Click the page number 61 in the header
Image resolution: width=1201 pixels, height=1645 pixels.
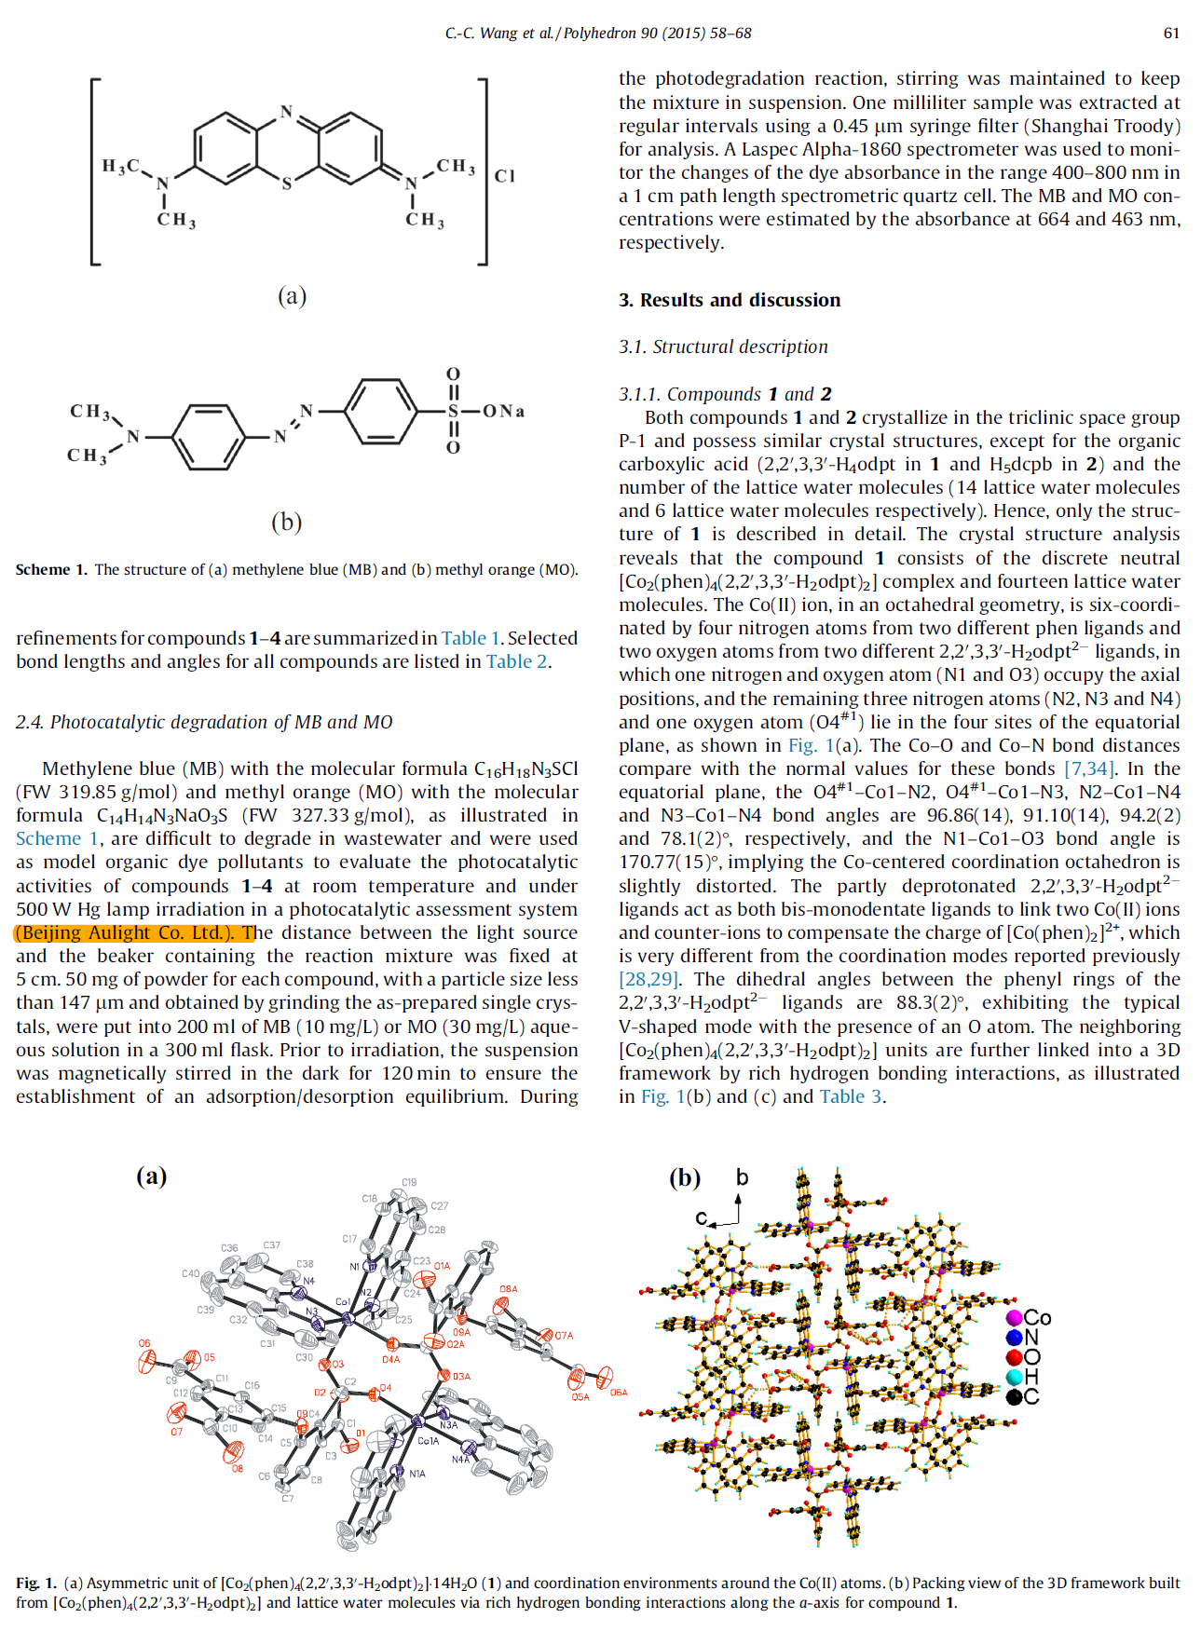pyautogui.click(x=1171, y=34)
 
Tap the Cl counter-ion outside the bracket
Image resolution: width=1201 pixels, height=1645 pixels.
pyautogui.click(x=504, y=176)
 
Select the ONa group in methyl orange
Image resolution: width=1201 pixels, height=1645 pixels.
pyautogui.click(x=503, y=411)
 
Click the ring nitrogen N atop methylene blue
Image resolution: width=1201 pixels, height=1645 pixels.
pyautogui.click(x=287, y=113)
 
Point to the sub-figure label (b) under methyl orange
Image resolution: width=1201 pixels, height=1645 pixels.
pyautogui.click(x=286, y=522)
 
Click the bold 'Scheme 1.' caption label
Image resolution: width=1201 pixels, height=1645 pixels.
pyautogui.click(x=51, y=570)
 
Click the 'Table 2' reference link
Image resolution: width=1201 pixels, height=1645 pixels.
pyautogui.click(x=516, y=661)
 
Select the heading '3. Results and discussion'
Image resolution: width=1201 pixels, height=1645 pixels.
pyautogui.click(x=730, y=300)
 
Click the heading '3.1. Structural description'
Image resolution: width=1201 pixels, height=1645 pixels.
pyautogui.click(x=723, y=347)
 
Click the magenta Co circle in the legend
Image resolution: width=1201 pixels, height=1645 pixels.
pyautogui.click(x=1014, y=1318)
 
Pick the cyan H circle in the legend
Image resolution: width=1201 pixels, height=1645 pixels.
pyautogui.click(x=1014, y=1377)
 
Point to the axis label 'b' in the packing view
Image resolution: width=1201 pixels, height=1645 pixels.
pyautogui.click(x=742, y=1177)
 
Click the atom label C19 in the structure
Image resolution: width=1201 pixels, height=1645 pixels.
pyautogui.click(x=409, y=1182)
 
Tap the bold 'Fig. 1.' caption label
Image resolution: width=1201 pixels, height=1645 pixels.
pyautogui.click(x=36, y=1583)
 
